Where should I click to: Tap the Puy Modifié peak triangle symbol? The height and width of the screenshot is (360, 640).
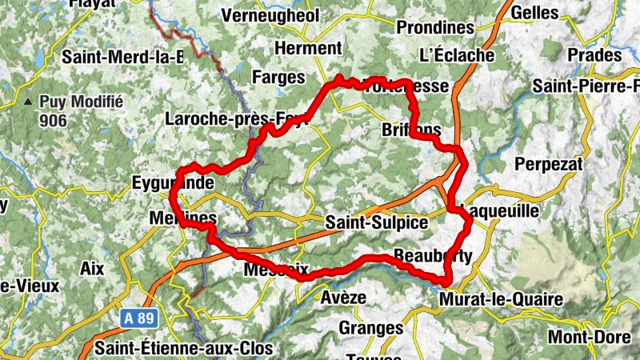[x=29, y=102]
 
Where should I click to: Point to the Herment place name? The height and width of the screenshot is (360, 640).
[x=307, y=48]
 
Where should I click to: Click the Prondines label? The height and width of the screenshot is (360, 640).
[x=436, y=27]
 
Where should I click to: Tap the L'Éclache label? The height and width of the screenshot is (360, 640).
[x=457, y=56]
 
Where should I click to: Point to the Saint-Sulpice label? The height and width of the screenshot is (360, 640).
[x=377, y=222]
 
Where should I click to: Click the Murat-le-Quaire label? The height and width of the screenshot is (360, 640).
[x=501, y=300]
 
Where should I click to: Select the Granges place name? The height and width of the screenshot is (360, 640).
[x=370, y=328]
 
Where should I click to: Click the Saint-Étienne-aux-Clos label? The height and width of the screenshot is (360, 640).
[x=183, y=349]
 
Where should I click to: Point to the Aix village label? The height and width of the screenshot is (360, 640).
[x=92, y=269]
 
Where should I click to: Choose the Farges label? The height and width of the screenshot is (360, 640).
[x=278, y=78]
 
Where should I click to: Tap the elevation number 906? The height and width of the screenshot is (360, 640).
[x=57, y=120]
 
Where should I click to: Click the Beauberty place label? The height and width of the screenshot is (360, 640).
[x=433, y=256]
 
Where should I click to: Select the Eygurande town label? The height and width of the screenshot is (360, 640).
[x=173, y=183]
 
